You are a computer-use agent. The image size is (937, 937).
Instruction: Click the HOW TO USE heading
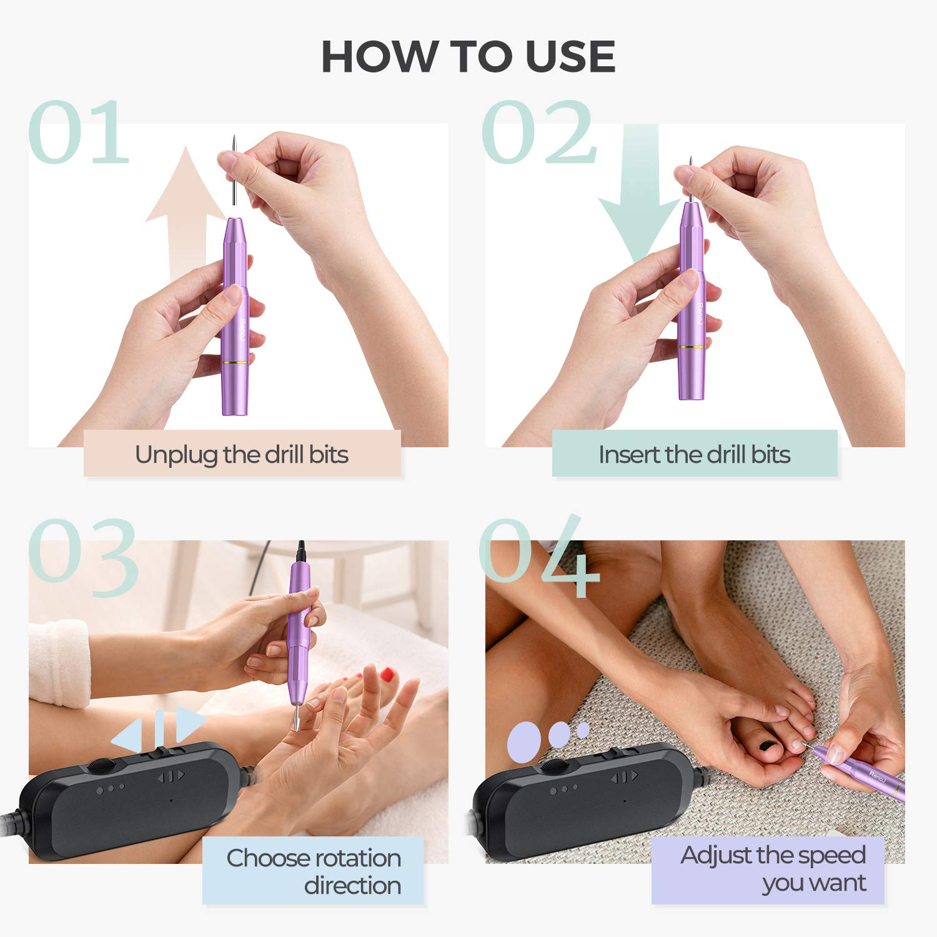coord(468,57)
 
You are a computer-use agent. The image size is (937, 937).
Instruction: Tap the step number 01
coord(78,133)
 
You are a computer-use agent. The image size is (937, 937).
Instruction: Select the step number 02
coord(538,133)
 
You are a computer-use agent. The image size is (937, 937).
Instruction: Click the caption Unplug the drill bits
coord(242,455)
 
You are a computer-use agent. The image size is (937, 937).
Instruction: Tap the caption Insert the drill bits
coord(694,455)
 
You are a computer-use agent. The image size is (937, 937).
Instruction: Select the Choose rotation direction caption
coord(314,871)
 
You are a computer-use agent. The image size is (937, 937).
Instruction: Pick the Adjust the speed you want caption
coord(773,869)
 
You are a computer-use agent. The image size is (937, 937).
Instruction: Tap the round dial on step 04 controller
coord(553,766)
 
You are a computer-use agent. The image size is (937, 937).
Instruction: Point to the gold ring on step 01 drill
coord(236,362)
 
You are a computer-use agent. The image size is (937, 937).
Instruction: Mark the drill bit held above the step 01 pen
coord(232,172)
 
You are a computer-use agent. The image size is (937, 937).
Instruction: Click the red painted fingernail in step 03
coord(389,674)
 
